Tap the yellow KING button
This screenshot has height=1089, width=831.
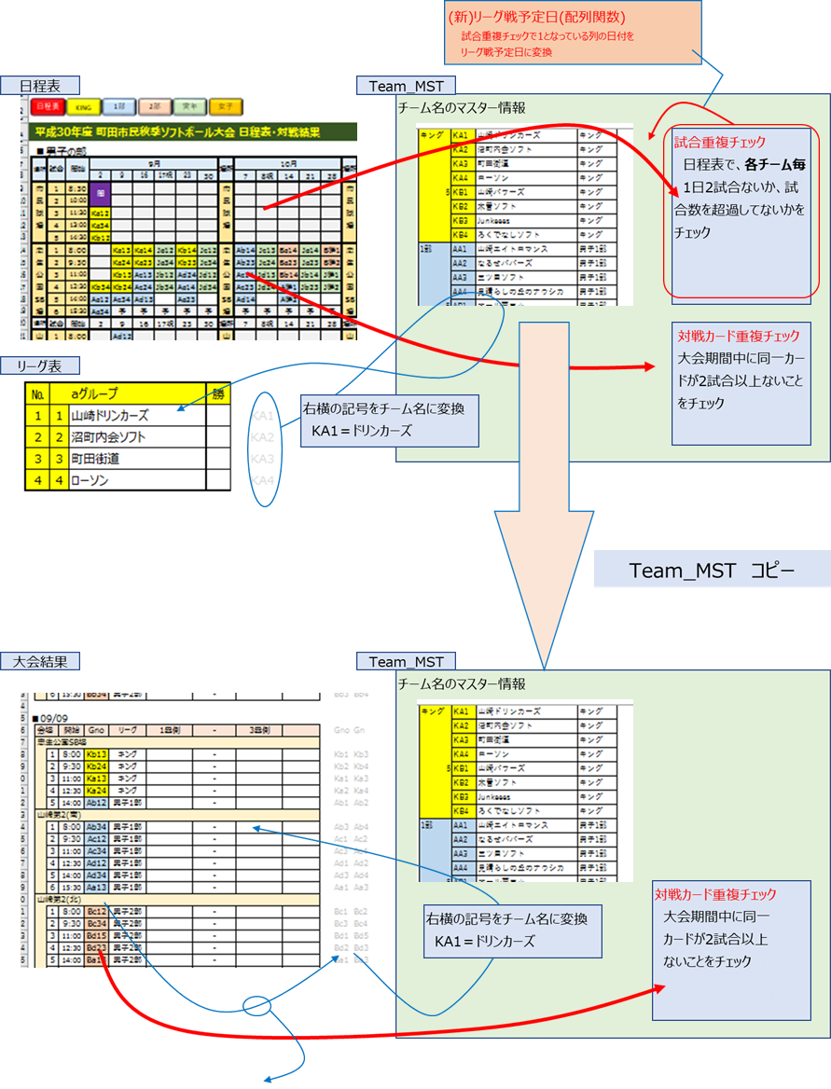tap(82, 107)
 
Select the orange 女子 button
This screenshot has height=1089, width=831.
tap(225, 107)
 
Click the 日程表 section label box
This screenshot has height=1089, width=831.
tap(41, 85)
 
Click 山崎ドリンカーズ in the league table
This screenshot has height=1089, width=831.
tap(109, 416)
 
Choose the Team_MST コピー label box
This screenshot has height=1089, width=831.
tap(712, 570)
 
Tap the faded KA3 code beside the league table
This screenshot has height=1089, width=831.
tap(264, 459)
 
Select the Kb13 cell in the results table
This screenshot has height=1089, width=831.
tap(96, 753)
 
